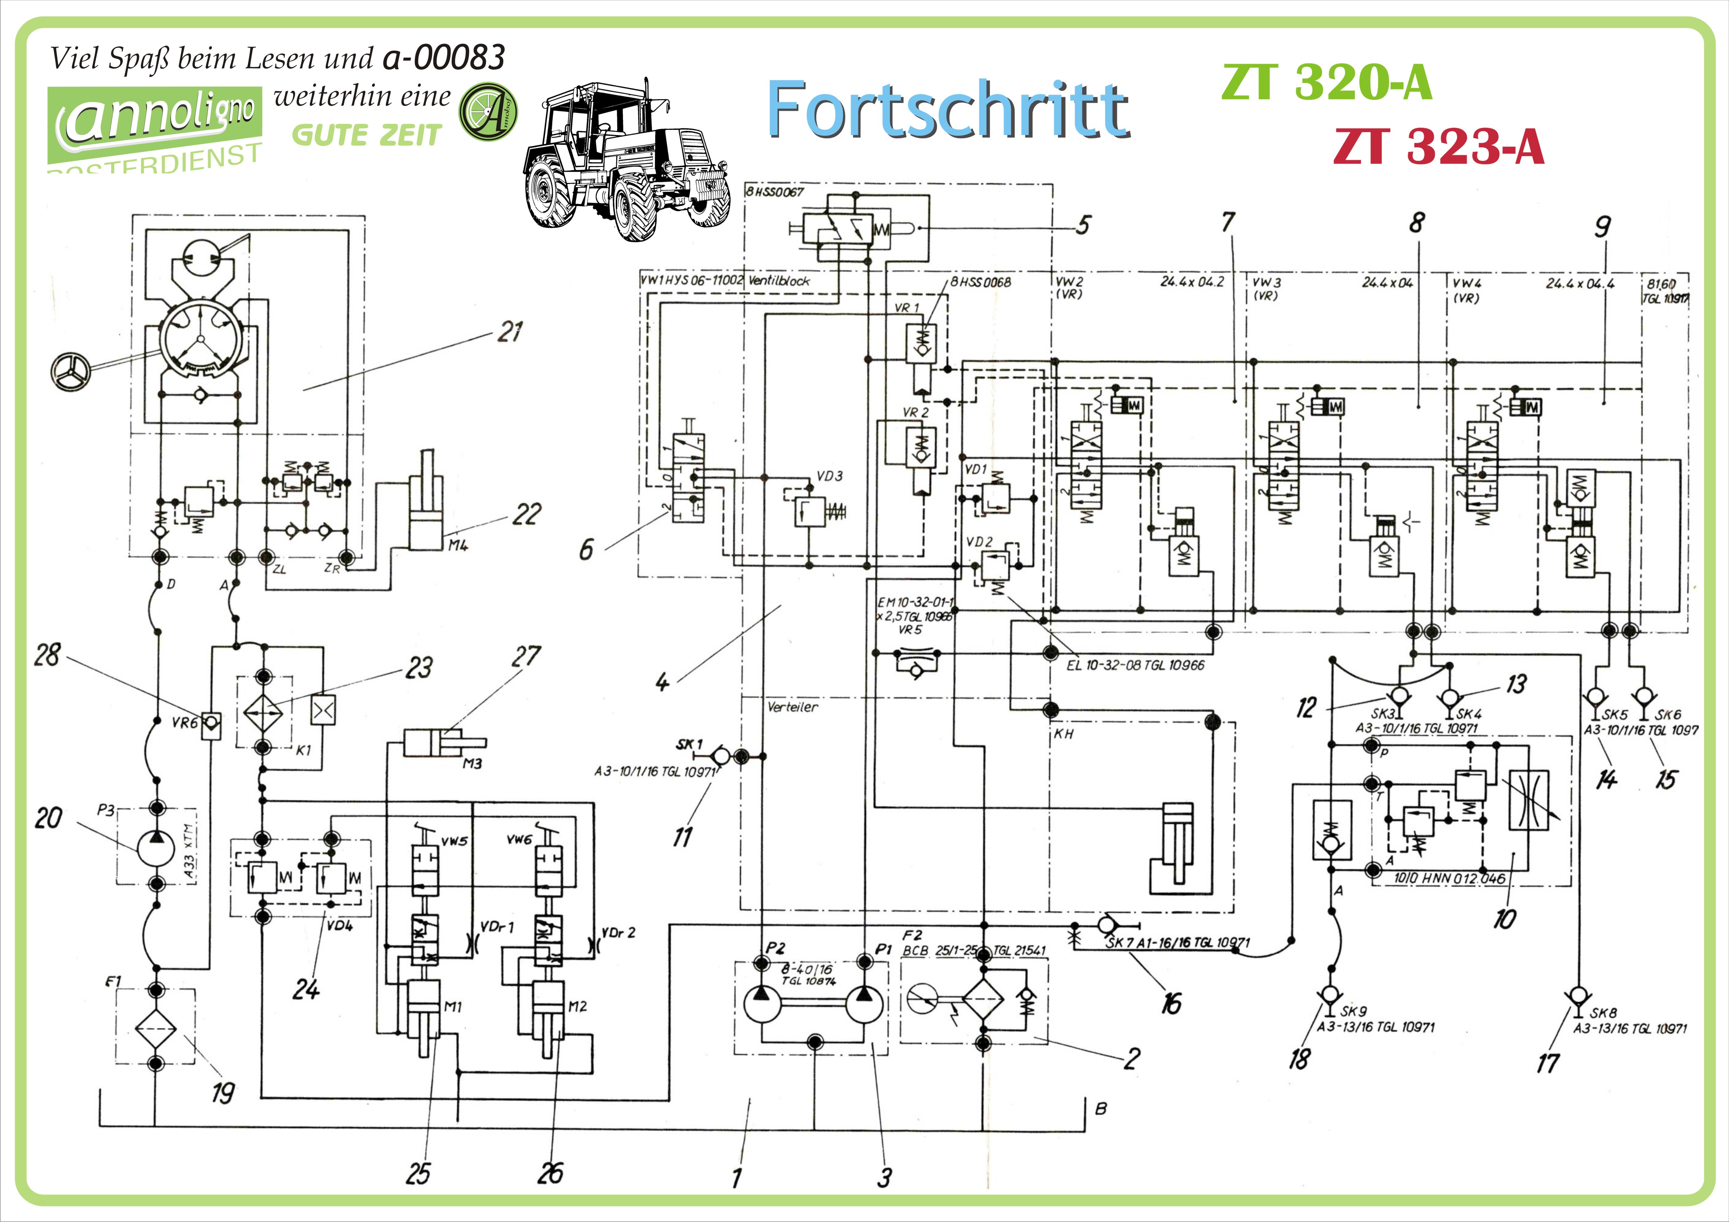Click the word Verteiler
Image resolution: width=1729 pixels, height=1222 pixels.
(792, 707)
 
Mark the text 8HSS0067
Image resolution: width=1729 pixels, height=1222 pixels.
(775, 192)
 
